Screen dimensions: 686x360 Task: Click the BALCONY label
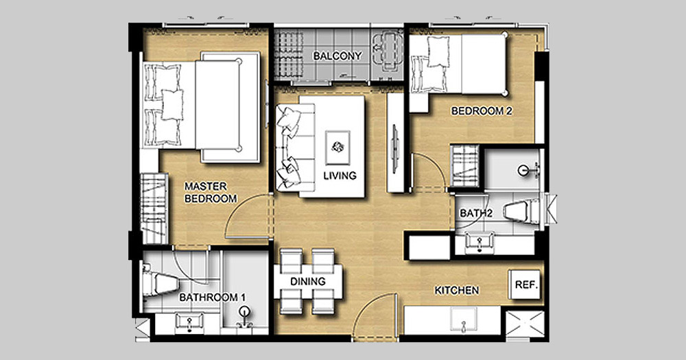pyautogui.click(x=338, y=56)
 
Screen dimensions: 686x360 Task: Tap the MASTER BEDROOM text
pyautogui.click(x=211, y=193)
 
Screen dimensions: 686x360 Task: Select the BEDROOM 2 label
pyautogui.click(x=482, y=111)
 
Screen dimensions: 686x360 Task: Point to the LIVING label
pyautogui.click(x=340, y=176)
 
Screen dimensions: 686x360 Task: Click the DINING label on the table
pyautogui.click(x=308, y=281)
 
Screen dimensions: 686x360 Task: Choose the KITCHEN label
pyautogui.click(x=456, y=291)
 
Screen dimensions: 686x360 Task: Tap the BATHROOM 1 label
pyautogui.click(x=212, y=298)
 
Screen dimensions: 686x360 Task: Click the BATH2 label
pyautogui.click(x=476, y=213)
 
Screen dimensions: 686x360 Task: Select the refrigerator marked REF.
pyautogui.click(x=525, y=285)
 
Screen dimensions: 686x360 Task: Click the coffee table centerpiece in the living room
pyautogui.click(x=338, y=147)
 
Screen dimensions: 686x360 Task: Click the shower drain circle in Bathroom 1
pyautogui.click(x=245, y=312)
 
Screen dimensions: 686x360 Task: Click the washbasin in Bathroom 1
pyautogui.click(x=189, y=321)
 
